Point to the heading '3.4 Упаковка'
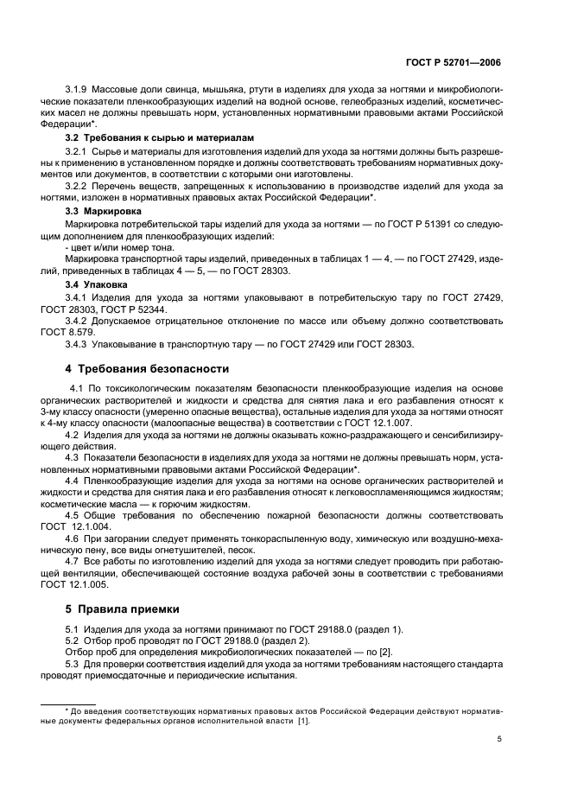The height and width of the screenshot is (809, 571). pos(97,283)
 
